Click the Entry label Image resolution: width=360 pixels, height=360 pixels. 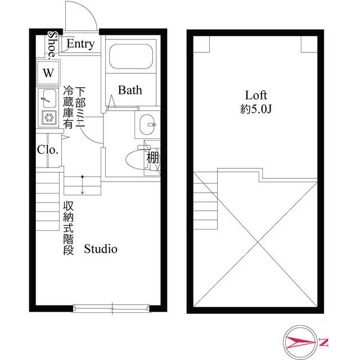[80, 44]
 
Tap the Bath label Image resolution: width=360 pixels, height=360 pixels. [130, 90]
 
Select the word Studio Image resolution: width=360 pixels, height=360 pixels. [101, 248]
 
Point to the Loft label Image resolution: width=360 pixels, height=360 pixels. [255, 95]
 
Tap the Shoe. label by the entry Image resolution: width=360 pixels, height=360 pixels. [52, 44]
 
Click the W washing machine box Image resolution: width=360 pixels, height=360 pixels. [48, 73]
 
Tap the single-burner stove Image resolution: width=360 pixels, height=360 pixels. [48, 118]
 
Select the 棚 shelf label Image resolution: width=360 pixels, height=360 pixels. [152, 158]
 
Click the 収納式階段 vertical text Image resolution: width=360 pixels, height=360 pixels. [68, 228]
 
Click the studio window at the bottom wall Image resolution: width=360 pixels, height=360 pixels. [112, 307]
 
